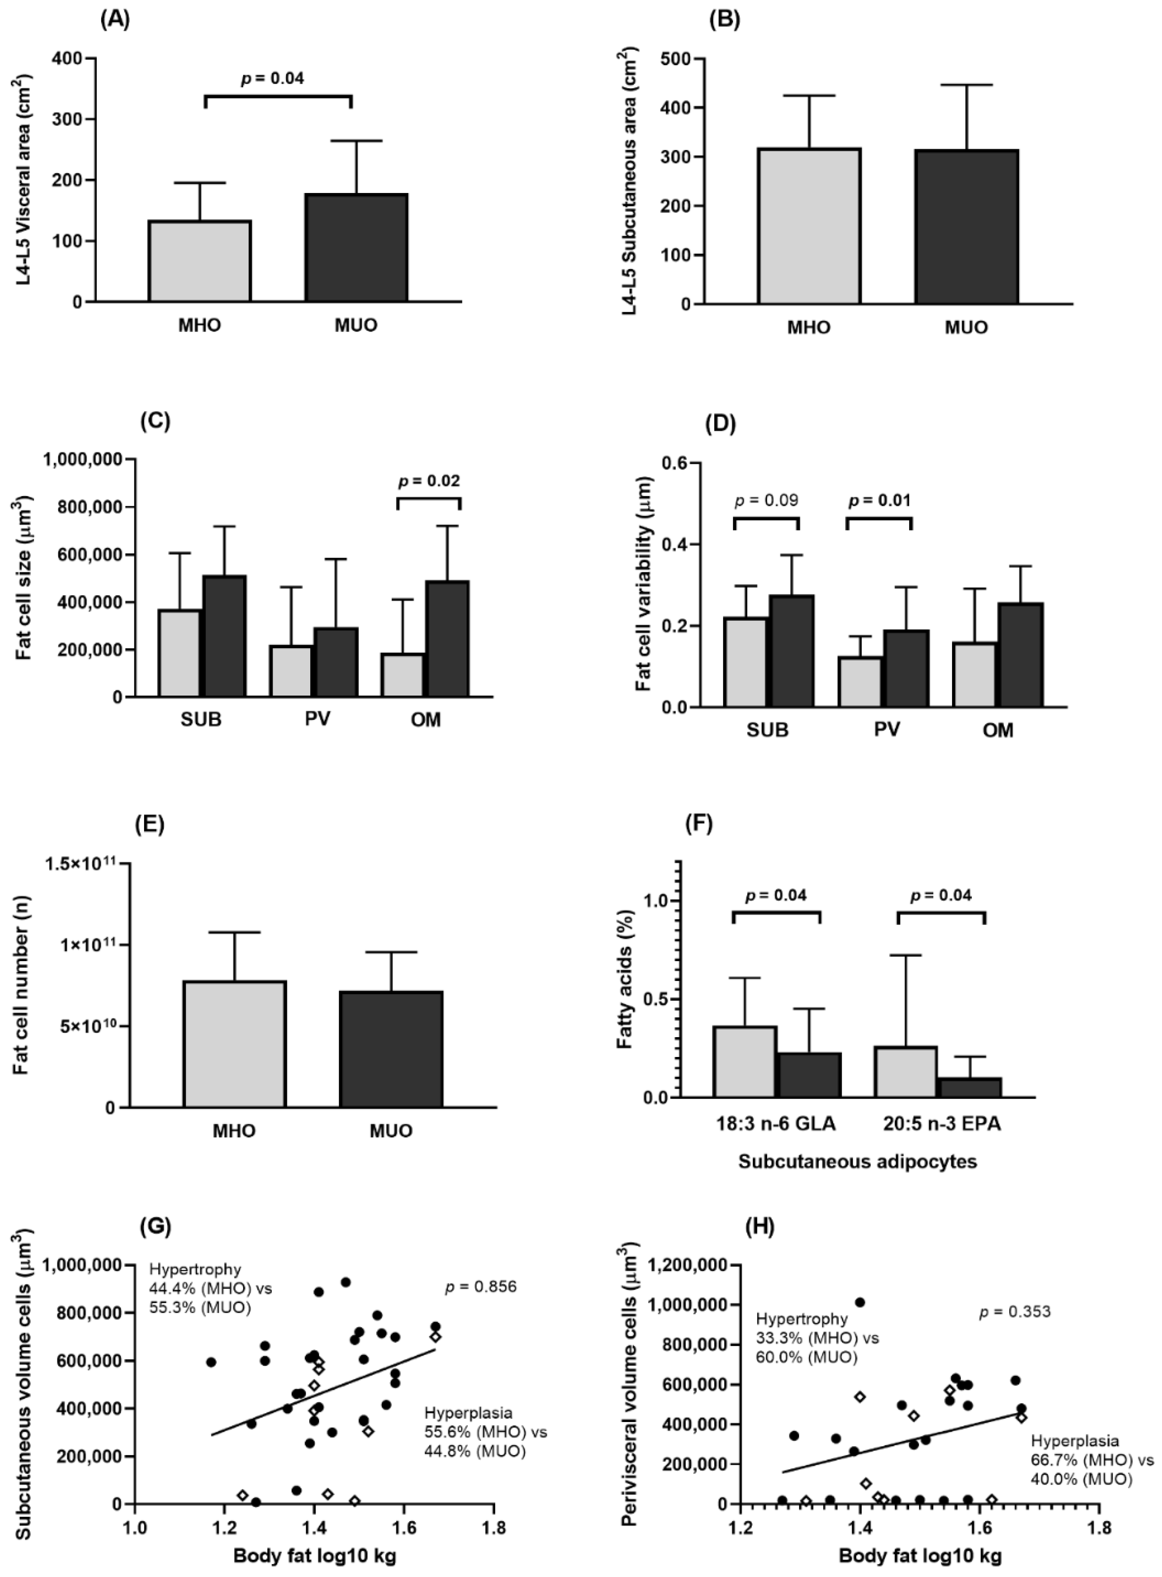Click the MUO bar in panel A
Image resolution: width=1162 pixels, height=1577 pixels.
coord(356,248)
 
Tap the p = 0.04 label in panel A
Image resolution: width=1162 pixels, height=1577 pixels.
coord(273,78)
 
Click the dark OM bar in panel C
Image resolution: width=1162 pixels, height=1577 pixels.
coord(447,638)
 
